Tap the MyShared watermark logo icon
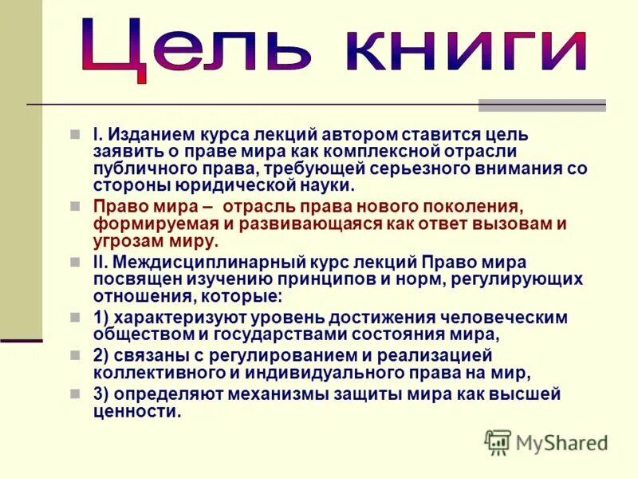pyautogui.click(x=498, y=441)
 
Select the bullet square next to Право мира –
pyautogui.click(x=75, y=206)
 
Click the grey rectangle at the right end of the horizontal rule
pyautogui.click(x=542, y=105)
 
